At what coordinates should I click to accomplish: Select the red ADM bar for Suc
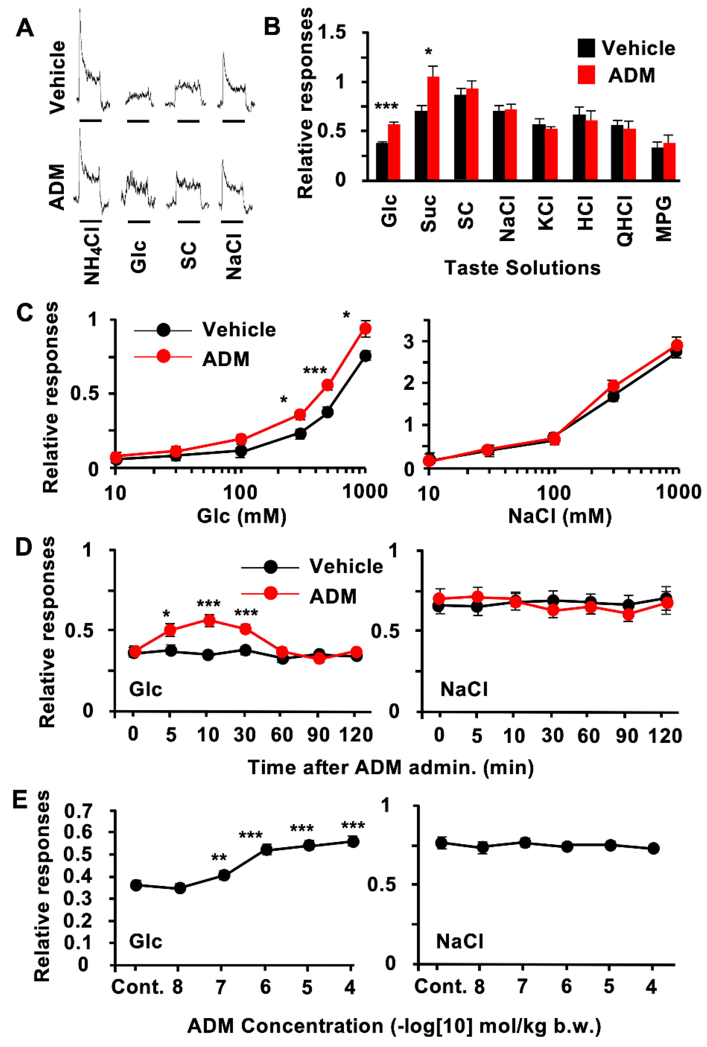[433, 129]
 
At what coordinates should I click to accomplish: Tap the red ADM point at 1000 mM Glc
[365, 328]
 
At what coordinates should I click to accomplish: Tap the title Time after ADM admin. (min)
[390, 767]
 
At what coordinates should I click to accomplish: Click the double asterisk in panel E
[219, 858]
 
